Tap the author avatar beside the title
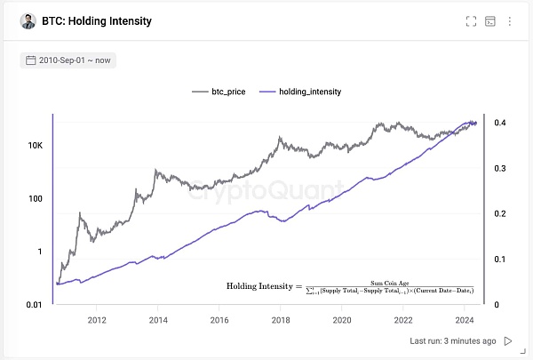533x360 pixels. tap(28, 21)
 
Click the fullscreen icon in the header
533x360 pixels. tap(472, 21)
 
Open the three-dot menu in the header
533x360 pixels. tap(509, 21)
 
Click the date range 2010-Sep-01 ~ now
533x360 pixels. tap(68, 60)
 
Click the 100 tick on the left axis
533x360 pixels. tap(36, 197)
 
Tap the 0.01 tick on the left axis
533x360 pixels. tap(33, 305)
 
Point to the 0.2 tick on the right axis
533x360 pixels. tap(501, 213)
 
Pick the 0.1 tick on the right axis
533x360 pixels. tap(501, 260)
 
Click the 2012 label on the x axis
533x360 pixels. tap(97, 321)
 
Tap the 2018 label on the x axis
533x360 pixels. tap(281, 321)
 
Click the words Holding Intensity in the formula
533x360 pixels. tap(258, 287)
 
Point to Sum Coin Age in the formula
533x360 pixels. tap(390, 281)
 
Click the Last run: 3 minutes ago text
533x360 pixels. tap(453, 341)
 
